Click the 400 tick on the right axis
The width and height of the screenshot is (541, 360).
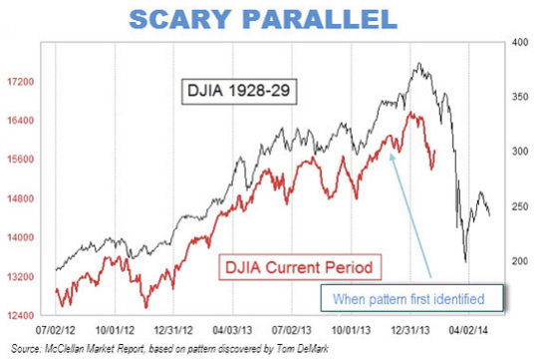(x=518, y=44)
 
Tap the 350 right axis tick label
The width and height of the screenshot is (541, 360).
(x=518, y=98)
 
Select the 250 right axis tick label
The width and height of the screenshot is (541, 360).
(x=518, y=206)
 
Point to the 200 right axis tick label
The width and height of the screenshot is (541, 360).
(x=518, y=261)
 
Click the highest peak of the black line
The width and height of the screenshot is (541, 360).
(x=419, y=65)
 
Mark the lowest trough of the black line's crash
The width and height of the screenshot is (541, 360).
(x=466, y=261)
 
